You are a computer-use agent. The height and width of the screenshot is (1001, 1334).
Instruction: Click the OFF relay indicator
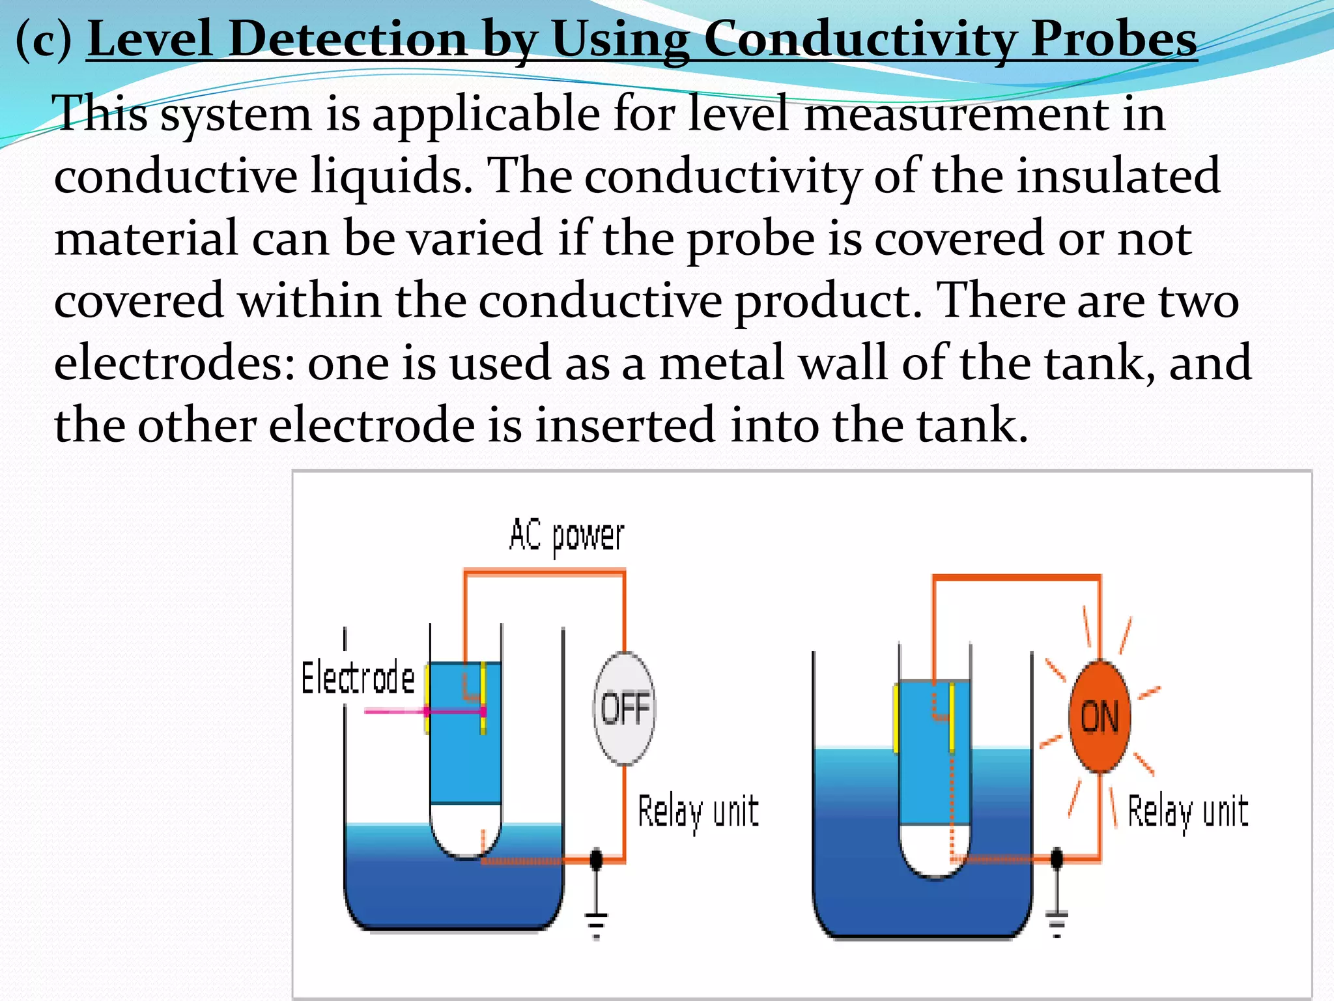pyautogui.click(x=625, y=708)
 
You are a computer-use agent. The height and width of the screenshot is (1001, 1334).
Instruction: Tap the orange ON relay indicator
pyautogui.click(x=1100, y=716)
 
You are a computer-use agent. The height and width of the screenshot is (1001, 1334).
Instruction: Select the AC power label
pyautogui.click(x=567, y=536)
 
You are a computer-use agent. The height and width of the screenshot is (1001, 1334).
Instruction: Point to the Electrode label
pyautogui.click(x=358, y=678)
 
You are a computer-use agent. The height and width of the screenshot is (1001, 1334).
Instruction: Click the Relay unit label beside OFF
pyautogui.click(x=698, y=812)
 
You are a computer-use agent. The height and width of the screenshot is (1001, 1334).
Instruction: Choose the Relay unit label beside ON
pyautogui.click(x=1187, y=812)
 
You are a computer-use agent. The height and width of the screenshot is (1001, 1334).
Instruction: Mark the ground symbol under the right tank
pyautogui.click(x=1057, y=922)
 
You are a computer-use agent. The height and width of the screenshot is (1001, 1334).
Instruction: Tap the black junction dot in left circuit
pyautogui.click(x=596, y=860)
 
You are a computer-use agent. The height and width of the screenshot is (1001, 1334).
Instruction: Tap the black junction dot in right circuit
pyautogui.click(x=1057, y=858)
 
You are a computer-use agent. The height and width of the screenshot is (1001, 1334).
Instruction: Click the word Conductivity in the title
pyautogui.click(x=859, y=39)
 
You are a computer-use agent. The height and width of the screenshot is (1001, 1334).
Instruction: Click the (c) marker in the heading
pyautogui.click(x=44, y=39)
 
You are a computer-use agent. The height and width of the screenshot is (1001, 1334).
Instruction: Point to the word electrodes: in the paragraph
pyautogui.click(x=175, y=363)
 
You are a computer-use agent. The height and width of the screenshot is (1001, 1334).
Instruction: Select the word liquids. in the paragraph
pyautogui.click(x=391, y=175)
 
